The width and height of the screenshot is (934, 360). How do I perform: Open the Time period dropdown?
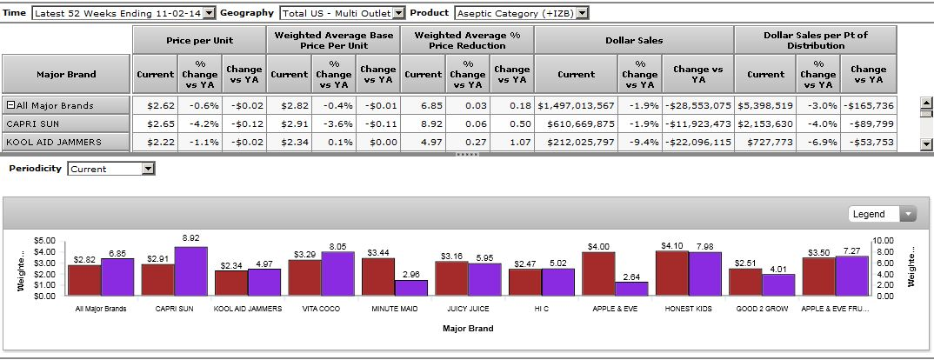click(123, 13)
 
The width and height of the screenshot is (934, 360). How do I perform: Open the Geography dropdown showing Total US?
click(342, 13)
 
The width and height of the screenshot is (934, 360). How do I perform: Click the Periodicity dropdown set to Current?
click(111, 169)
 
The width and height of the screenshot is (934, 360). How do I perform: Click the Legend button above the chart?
click(883, 214)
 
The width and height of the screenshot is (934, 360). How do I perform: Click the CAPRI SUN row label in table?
click(66, 123)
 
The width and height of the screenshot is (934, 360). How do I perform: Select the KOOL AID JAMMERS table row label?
click(66, 142)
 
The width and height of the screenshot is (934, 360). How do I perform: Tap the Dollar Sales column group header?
click(634, 40)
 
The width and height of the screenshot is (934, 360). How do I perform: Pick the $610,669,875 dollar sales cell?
click(576, 123)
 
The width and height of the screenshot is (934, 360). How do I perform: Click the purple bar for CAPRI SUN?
click(190, 271)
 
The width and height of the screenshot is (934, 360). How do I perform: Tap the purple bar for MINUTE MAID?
click(410, 288)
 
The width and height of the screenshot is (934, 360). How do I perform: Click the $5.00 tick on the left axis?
click(44, 240)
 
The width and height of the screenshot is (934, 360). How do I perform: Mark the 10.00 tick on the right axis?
click(884, 240)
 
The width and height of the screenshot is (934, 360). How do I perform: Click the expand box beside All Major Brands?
click(10, 105)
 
